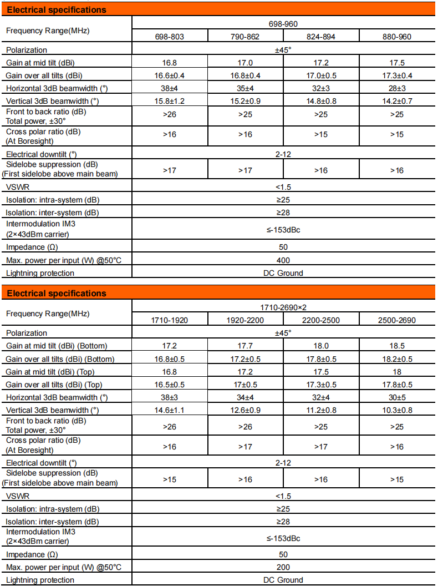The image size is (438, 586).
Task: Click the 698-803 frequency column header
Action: point(170,37)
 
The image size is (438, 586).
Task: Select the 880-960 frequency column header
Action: point(397,37)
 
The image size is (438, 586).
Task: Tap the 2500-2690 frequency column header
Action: point(397,320)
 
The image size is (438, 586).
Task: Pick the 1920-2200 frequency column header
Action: point(246,320)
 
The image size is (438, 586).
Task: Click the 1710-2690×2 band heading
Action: point(283,307)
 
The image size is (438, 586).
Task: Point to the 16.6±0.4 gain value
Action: point(170,75)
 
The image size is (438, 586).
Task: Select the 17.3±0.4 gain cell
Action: point(397,75)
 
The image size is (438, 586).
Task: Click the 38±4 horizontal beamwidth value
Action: point(170,88)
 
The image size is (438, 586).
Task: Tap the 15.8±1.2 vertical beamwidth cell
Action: point(170,100)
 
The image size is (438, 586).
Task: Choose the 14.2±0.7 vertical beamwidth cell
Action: point(397,100)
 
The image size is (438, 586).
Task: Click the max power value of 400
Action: point(283,260)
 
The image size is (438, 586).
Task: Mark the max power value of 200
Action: point(283,567)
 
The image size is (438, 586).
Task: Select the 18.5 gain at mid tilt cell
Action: point(397,346)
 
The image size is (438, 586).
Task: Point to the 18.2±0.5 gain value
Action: point(397,358)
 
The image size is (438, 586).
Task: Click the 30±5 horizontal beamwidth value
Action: point(397,397)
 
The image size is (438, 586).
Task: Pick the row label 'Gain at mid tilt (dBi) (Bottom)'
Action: point(56,346)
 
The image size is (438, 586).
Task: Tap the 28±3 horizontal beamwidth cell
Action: point(397,88)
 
